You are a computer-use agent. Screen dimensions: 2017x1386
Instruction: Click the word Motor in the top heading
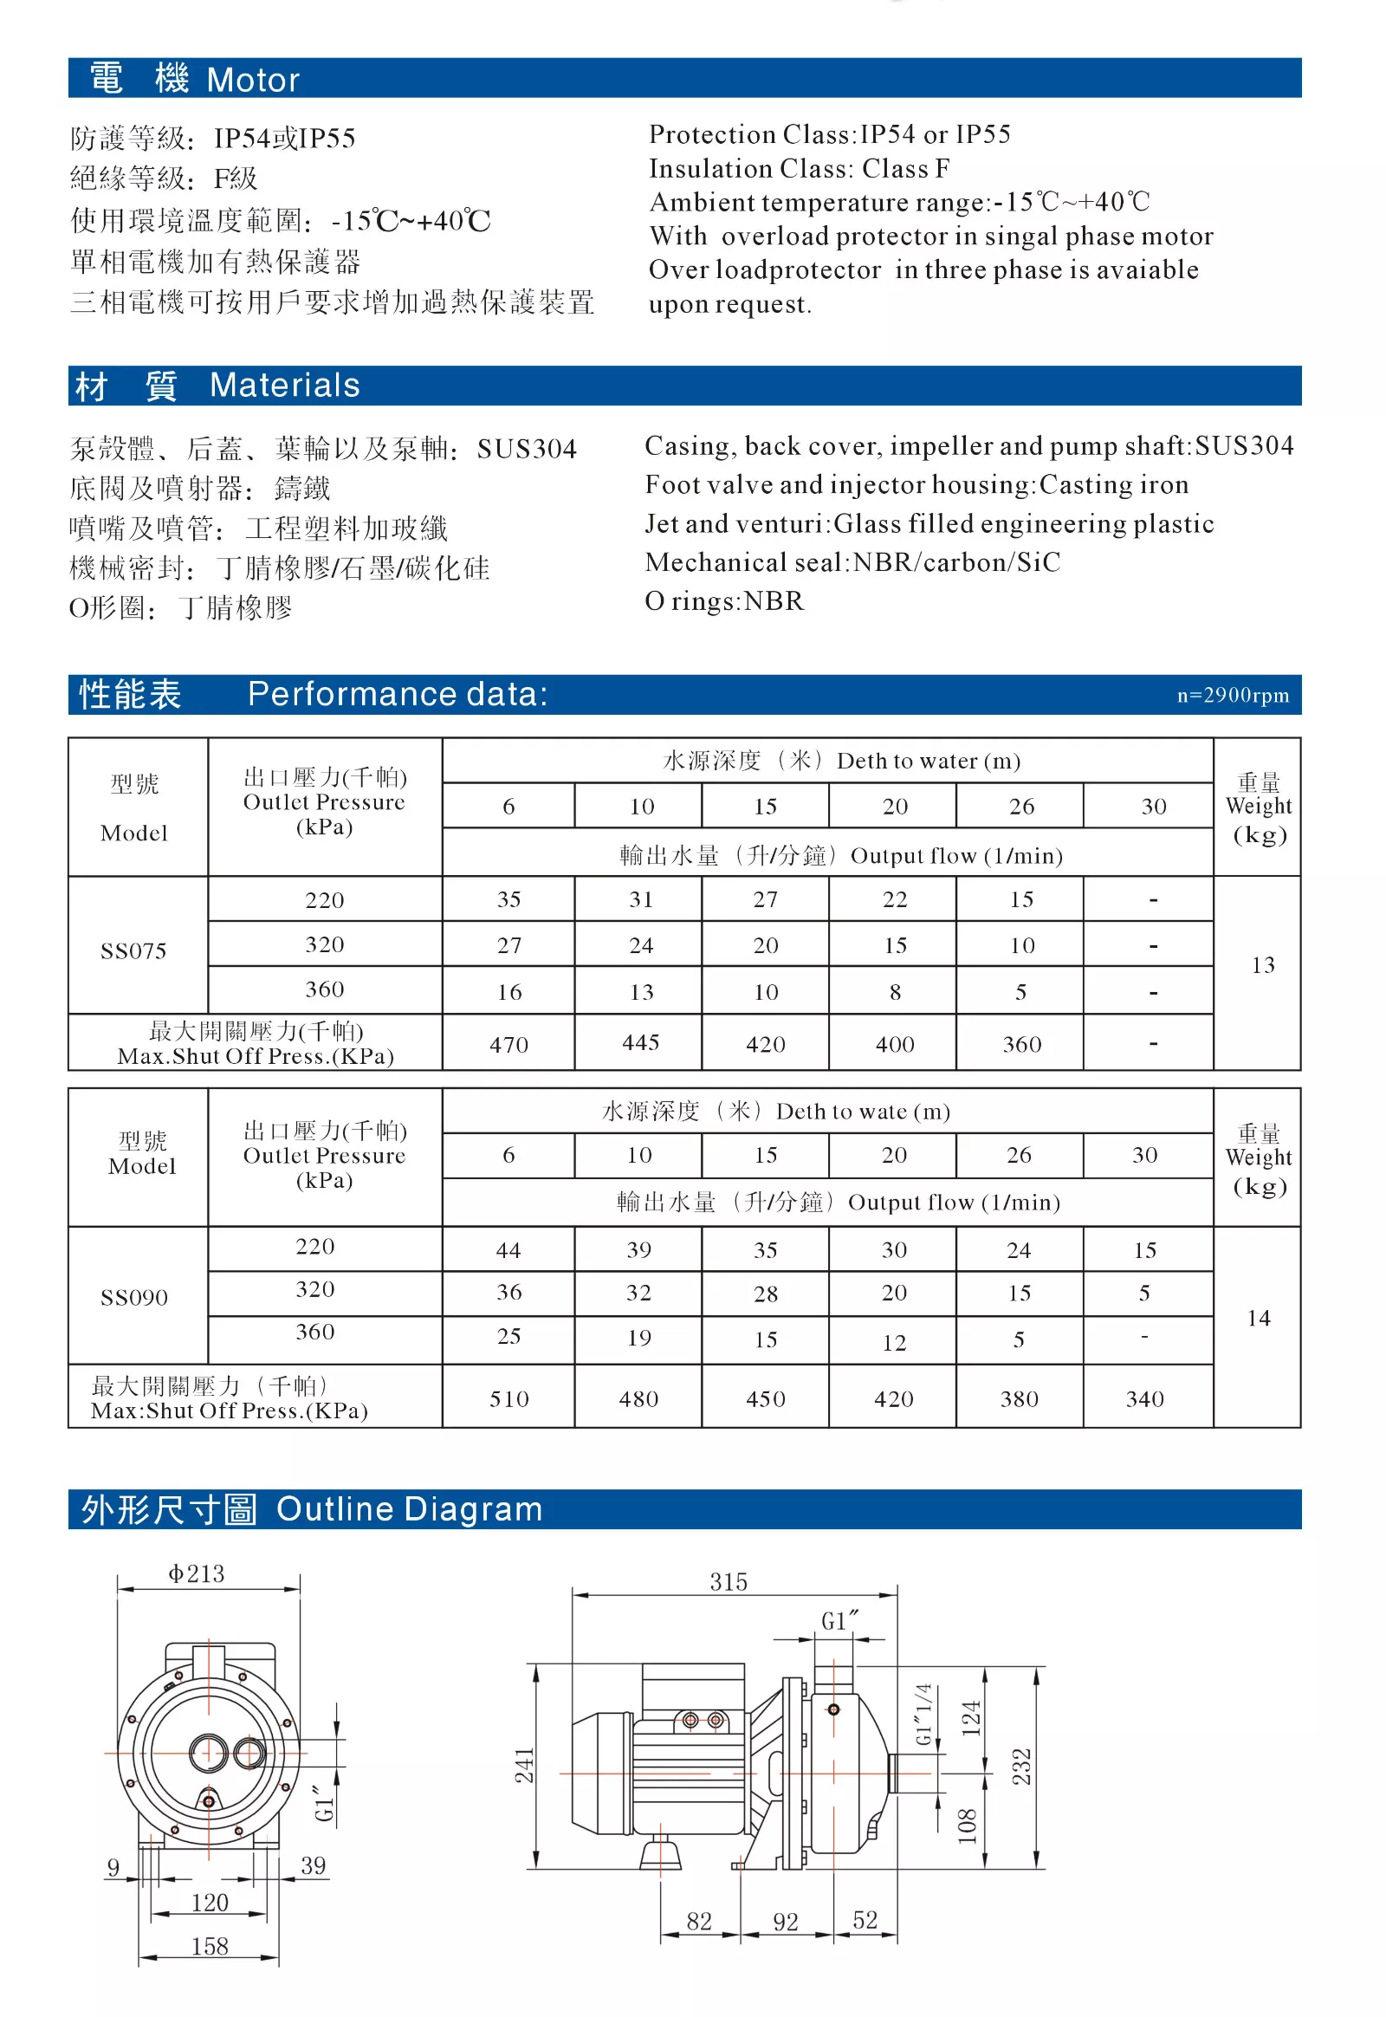coord(253,80)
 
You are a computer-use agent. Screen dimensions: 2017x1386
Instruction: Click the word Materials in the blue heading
coord(285,385)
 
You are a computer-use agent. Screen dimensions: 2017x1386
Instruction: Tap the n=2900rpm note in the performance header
coord(1233,695)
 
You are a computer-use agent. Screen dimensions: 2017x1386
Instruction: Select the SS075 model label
coord(133,950)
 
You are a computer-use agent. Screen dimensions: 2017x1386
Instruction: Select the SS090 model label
coord(133,1297)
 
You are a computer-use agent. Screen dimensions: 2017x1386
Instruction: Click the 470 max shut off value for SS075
coord(508,1044)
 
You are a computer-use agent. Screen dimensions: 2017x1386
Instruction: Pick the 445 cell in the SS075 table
coord(641,1042)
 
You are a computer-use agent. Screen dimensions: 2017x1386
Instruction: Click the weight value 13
coord(1263,965)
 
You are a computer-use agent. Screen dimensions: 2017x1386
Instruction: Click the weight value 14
coord(1259,1318)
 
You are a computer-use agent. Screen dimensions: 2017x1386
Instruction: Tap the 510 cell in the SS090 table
coord(508,1398)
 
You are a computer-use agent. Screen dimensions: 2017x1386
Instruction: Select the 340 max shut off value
coord(1144,1398)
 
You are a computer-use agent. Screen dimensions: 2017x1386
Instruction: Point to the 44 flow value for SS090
coord(508,1250)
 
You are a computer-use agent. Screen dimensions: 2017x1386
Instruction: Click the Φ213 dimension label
coord(197,1573)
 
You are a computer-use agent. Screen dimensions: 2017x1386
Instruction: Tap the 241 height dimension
coord(526,1765)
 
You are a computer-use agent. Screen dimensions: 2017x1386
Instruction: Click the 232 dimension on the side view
coord(1022,1766)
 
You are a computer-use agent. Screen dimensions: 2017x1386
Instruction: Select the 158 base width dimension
coord(210,1946)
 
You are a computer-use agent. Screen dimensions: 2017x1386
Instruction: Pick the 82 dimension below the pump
coord(699,1921)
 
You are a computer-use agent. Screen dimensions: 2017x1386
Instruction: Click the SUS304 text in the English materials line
coord(1244,445)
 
